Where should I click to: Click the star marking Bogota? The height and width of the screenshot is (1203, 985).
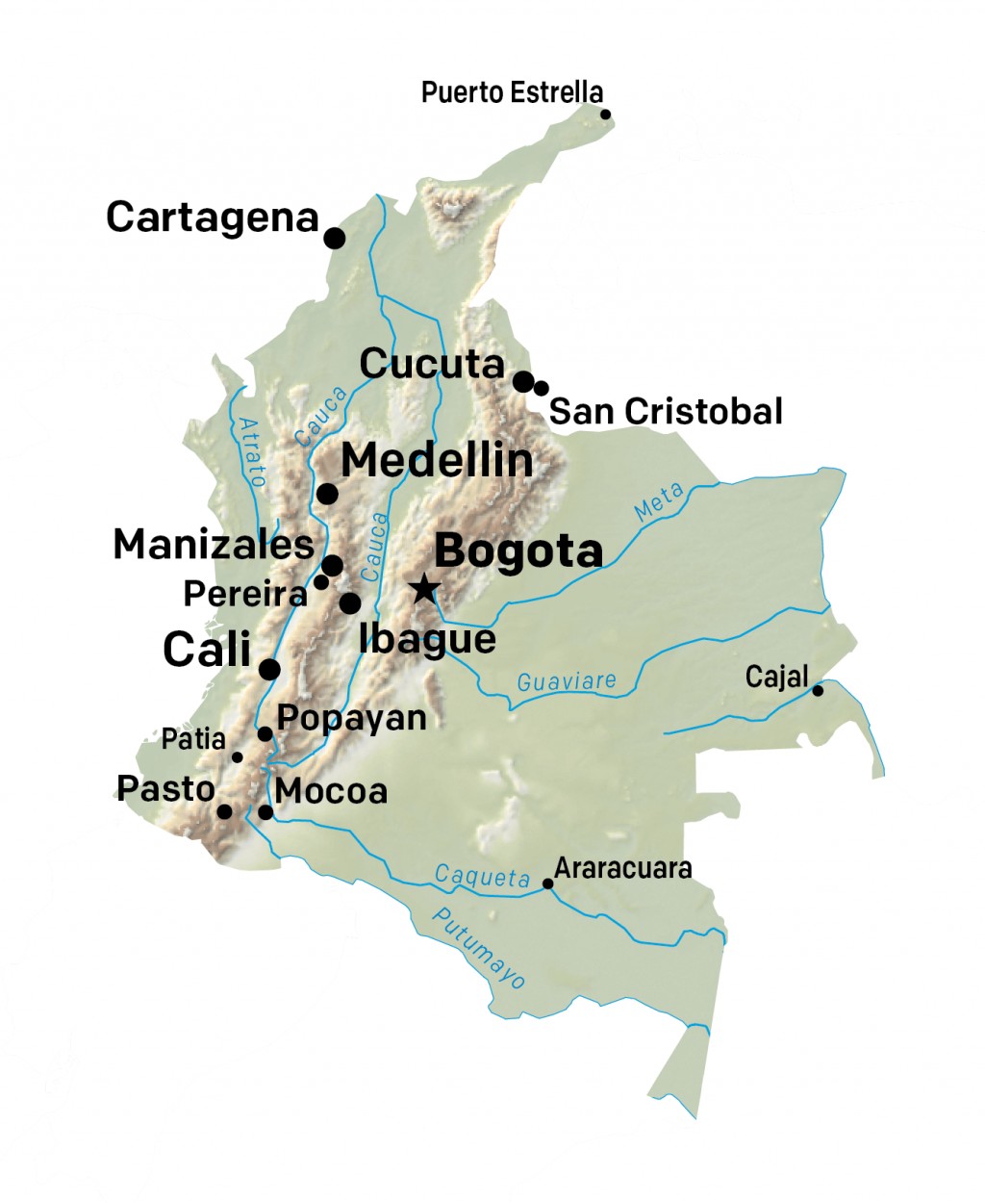423,588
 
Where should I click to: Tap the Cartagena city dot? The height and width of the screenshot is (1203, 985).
334,238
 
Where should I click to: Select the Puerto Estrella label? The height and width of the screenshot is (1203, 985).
512,92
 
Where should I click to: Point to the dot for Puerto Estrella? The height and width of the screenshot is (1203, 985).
605,115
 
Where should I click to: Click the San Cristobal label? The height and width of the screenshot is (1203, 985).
666,411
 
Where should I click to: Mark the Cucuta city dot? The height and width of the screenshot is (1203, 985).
522,382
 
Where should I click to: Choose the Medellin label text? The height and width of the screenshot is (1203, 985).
437,460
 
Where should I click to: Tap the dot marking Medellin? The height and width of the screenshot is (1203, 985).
327,494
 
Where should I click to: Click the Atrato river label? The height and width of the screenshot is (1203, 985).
251,451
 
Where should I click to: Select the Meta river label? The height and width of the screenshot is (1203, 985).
659,501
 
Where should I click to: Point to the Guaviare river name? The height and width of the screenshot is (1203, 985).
567,681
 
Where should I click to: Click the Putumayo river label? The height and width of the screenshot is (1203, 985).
479,948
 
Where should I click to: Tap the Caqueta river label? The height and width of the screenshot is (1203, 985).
482,876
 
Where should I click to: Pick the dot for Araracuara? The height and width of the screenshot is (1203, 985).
547,883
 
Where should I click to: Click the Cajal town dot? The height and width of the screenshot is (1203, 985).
818,690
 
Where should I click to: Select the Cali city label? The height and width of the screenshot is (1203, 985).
207,650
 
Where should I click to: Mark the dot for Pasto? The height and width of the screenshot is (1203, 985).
224,811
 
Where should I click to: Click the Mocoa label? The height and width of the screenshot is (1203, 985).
331,791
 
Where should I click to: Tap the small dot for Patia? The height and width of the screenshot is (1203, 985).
238,757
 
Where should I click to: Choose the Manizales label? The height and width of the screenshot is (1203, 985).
214,545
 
